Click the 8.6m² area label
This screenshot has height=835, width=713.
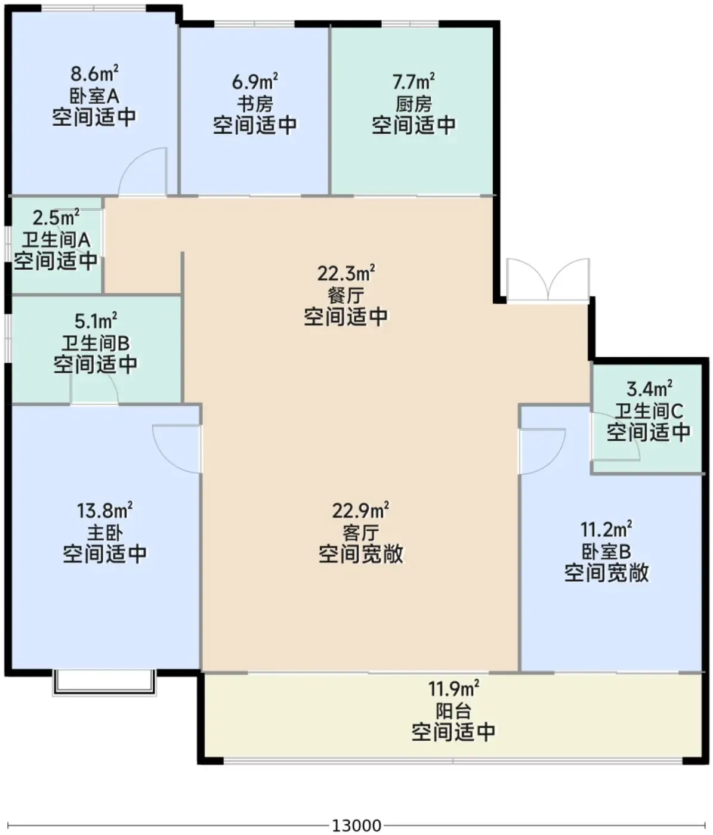click(x=95, y=73)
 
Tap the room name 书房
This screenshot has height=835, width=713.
click(x=255, y=104)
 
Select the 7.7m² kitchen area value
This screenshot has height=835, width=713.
click(x=413, y=81)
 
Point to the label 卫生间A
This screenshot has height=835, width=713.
click(x=55, y=240)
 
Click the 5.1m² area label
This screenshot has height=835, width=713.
click(x=96, y=321)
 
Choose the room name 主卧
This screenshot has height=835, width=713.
click(x=105, y=533)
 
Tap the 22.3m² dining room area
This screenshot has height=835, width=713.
click(x=346, y=273)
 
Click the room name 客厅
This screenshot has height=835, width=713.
click(x=361, y=533)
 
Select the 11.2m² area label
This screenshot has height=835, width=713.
click(x=606, y=528)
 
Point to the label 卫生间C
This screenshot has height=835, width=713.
click(x=649, y=412)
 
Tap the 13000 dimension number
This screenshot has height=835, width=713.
click(x=357, y=825)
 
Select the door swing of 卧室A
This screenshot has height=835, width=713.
click(x=142, y=171)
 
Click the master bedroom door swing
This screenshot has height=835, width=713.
click(x=177, y=449)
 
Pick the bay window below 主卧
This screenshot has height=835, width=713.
click(x=104, y=683)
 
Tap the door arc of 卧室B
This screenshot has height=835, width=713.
click(x=542, y=451)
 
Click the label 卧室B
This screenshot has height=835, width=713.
click(x=606, y=551)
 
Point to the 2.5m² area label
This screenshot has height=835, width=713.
click(x=55, y=218)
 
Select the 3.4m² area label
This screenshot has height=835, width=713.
click(x=650, y=389)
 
